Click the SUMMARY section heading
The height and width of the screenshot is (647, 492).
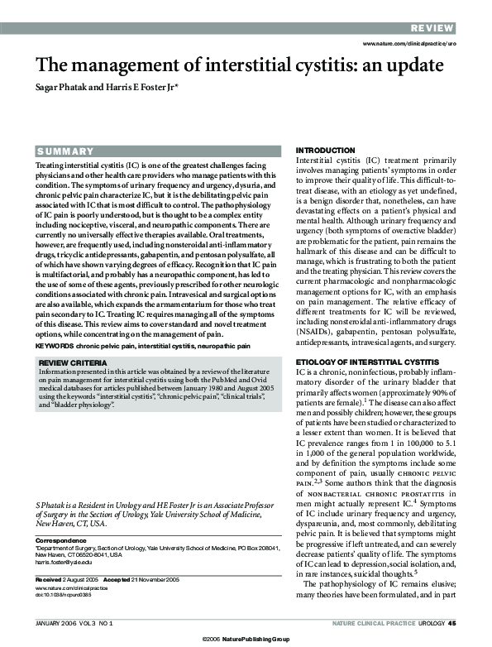point(65,151)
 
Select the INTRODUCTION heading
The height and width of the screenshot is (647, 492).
point(326,151)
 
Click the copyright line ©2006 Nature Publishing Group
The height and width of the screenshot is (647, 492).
point(246,639)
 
